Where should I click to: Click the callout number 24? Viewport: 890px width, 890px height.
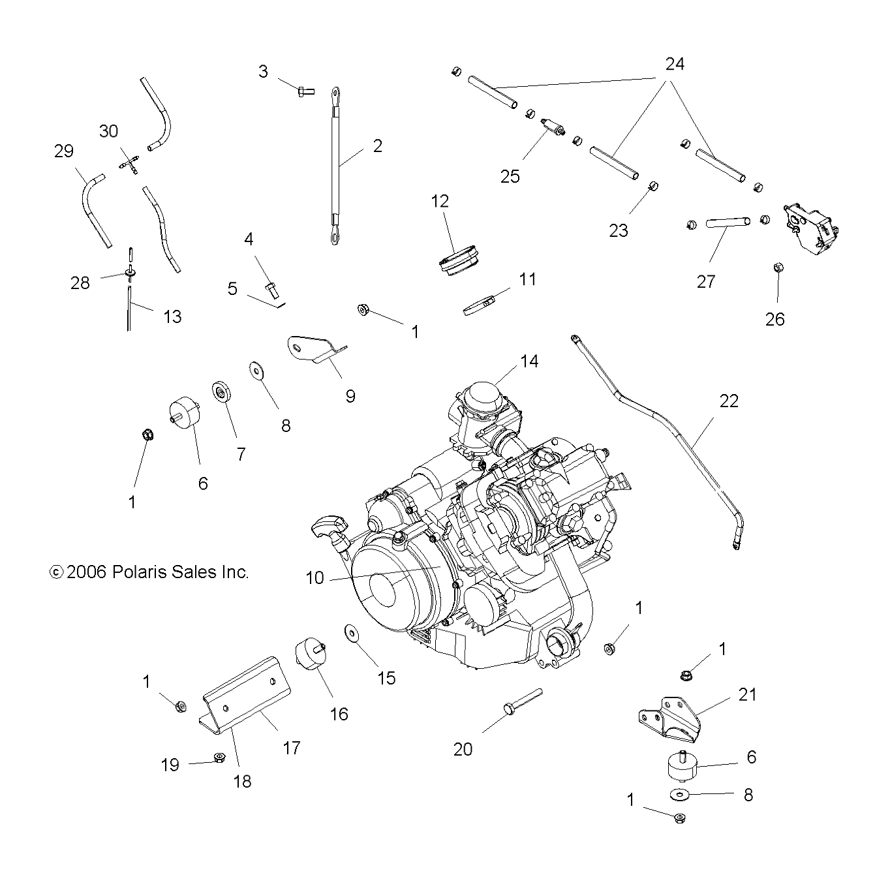coord(675,64)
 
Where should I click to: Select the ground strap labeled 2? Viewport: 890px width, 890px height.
coord(334,166)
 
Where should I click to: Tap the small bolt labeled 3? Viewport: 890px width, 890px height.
coord(304,91)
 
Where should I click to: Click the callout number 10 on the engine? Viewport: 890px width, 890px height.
coord(315,577)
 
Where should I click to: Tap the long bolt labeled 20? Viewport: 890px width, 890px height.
coord(522,701)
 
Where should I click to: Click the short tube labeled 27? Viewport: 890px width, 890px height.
coord(728,223)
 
